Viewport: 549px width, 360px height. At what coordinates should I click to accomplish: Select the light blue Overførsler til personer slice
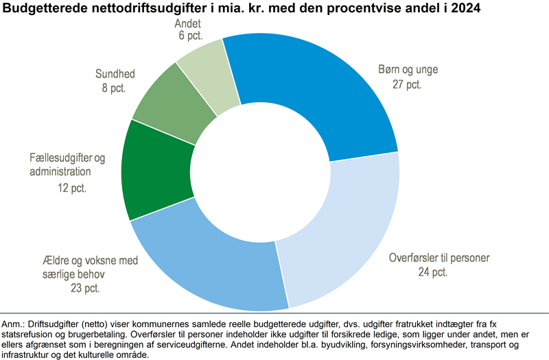[343, 233]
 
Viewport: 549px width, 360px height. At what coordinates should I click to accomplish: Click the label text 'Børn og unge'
[408, 70]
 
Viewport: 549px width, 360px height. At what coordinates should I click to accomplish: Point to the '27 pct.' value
[407, 84]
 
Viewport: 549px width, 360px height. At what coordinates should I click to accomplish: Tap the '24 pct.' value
[432, 272]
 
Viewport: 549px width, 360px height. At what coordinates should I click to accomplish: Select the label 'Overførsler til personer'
[439, 259]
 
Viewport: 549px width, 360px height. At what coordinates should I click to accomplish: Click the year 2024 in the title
[467, 9]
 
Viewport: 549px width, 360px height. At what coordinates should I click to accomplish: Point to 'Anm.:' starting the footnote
[15, 323]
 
